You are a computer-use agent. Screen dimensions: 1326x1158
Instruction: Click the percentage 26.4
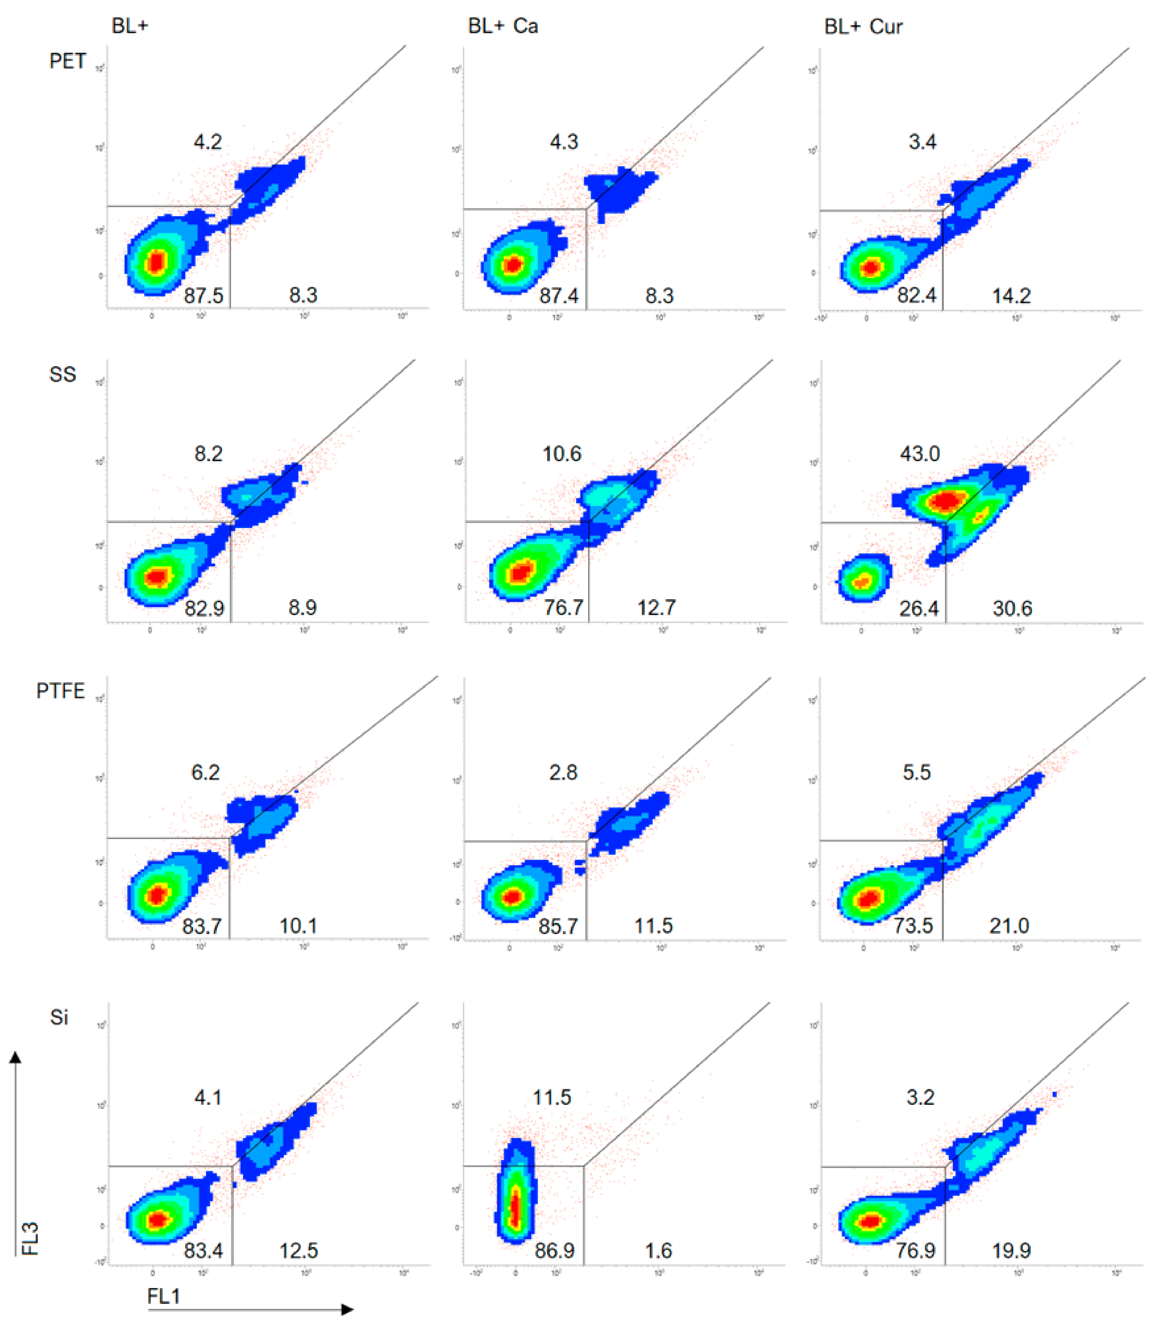[918, 608]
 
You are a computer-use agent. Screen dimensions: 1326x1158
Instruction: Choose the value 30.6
[1012, 608]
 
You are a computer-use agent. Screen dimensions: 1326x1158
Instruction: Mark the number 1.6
[658, 1250]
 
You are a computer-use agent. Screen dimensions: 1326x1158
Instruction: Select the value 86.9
[554, 1250]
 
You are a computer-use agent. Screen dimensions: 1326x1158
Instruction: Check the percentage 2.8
[563, 772]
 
